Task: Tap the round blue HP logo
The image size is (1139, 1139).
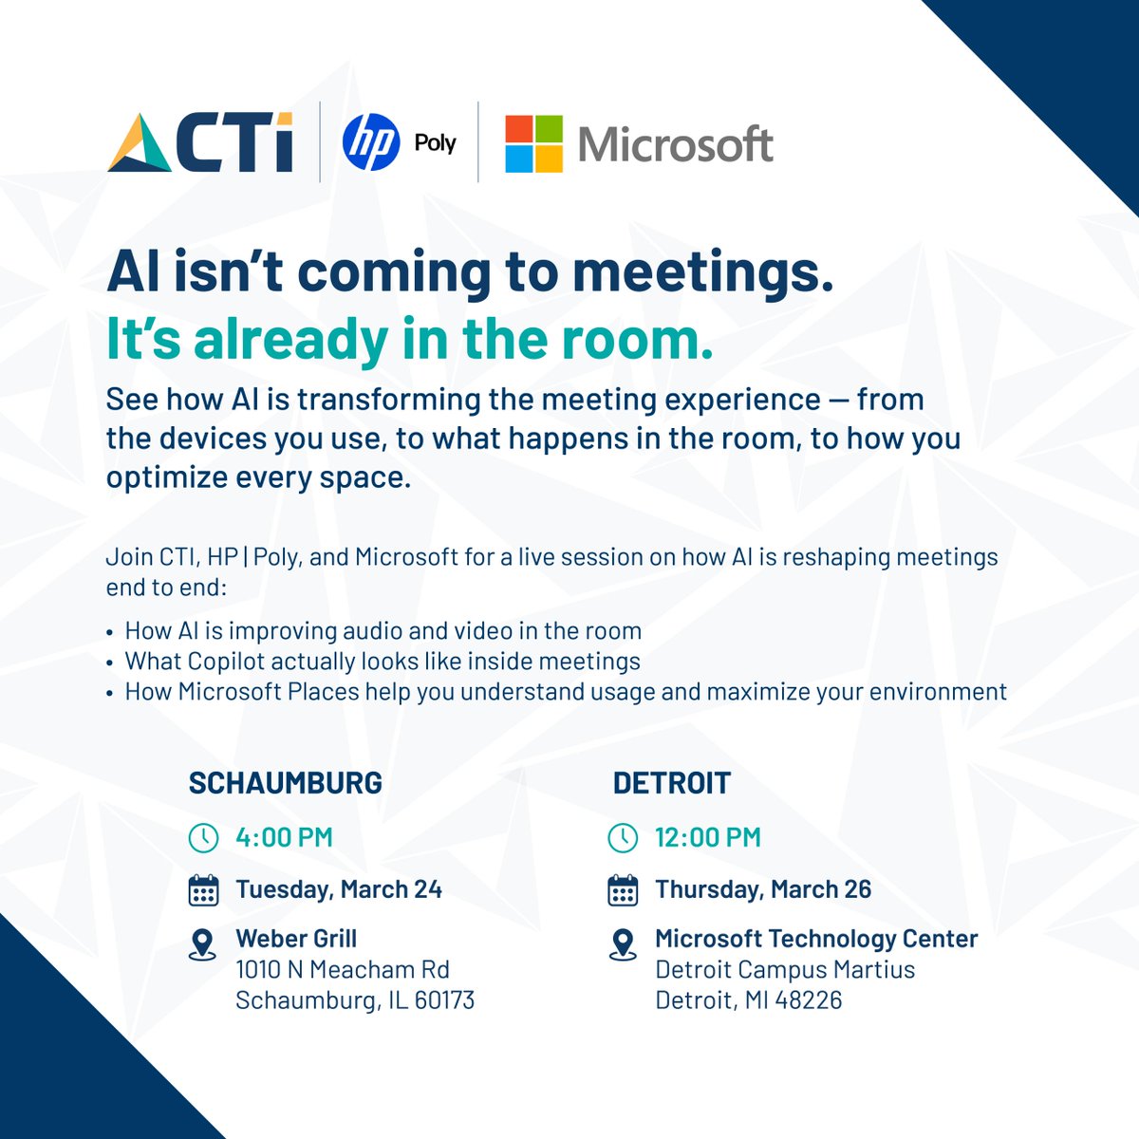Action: [x=371, y=142]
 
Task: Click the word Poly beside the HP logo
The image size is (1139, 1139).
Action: [x=435, y=143]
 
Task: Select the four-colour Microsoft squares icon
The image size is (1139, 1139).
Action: [x=533, y=144]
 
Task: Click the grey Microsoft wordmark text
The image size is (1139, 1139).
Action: [x=676, y=145]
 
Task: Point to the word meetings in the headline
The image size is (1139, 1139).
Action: [x=702, y=273]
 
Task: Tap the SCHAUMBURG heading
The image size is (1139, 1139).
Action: [x=285, y=783]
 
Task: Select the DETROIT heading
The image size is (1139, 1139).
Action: [x=672, y=783]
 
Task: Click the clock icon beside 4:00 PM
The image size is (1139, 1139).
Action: [x=203, y=837]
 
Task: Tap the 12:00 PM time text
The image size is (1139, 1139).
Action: [x=708, y=837]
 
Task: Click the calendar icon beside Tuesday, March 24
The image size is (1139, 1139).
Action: [x=203, y=890]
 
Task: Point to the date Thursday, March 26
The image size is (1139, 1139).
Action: [x=763, y=889]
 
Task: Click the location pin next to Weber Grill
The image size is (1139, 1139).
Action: [x=202, y=943]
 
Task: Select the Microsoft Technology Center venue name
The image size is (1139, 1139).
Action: [x=816, y=939]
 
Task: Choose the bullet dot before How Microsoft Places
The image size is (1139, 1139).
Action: [x=110, y=693]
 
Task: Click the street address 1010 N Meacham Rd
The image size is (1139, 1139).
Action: [x=343, y=970]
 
